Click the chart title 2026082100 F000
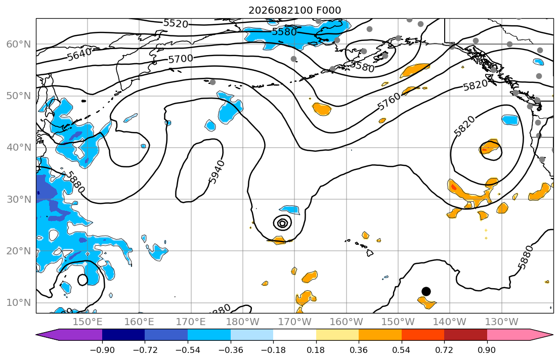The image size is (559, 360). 294,10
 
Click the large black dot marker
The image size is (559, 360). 426,292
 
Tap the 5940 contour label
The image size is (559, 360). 217,172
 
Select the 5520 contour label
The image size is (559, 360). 176,24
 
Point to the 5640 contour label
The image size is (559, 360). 79,55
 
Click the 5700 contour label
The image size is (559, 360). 181,59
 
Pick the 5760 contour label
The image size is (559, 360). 389,102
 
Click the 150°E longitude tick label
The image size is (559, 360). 88,322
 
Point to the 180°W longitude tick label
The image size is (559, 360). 243,322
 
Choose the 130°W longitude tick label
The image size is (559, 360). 502,322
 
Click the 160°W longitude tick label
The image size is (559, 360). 347,322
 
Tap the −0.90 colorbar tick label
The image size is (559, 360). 102,350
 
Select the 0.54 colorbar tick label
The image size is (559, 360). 402,350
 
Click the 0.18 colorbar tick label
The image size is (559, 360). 316,350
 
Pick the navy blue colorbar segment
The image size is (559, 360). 123,335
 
